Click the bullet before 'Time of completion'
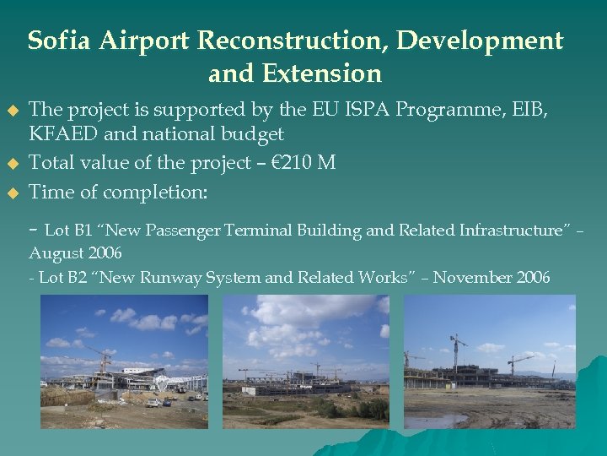pyautogui.click(x=12, y=193)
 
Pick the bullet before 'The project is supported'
pyautogui.click(x=12, y=110)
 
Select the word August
pyautogui.click(x=54, y=253)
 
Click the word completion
pyautogui.click(x=155, y=193)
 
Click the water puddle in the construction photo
pyautogui.click(x=438, y=418)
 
